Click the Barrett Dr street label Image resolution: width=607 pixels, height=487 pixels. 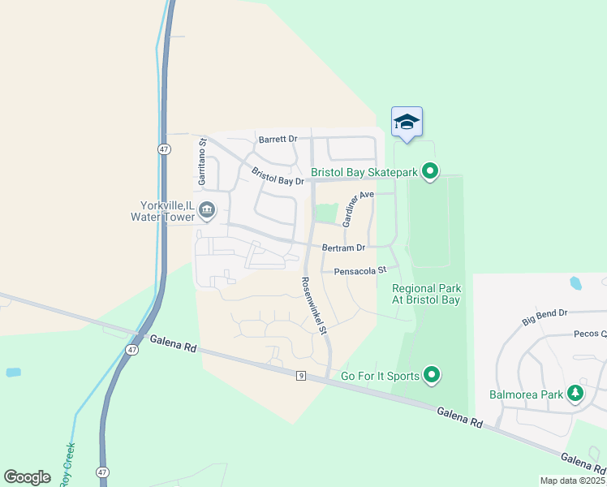[278, 140]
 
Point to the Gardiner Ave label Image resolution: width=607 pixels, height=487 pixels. [357, 209]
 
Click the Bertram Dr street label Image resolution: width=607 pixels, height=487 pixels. [344, 247]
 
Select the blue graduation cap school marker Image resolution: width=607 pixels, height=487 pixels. [407, 122]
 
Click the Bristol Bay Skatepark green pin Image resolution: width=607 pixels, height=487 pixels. [431, 171]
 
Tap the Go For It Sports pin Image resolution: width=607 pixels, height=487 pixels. [433, 375]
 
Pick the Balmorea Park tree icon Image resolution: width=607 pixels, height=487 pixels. [575, 394]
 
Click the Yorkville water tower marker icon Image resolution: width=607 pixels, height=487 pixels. [207, 210]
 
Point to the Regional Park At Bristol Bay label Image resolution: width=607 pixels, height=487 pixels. [426, 294]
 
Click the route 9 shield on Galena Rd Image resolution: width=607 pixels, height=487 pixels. [300, 375]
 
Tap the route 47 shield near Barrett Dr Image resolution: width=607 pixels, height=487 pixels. [164, 149]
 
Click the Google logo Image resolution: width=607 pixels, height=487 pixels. [27, 476]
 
